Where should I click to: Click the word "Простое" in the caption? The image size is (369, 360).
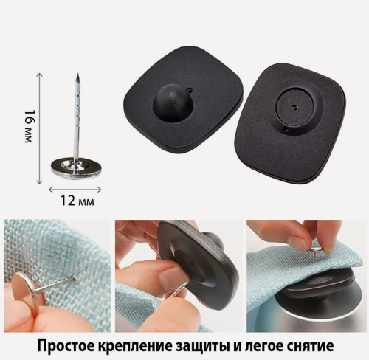pyautogui.click(x=66, y=345)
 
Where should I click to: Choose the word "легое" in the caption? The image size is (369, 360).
pyautogui.click(x=279, y=345)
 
